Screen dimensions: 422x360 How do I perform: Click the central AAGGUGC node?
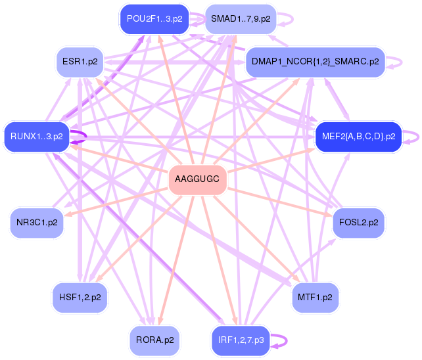198,179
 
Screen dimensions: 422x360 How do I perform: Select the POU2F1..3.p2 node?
154,19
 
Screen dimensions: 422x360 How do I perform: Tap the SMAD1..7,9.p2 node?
241,19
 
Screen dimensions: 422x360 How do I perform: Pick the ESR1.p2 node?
80,62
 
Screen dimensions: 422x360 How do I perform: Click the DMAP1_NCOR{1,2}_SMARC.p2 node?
315,62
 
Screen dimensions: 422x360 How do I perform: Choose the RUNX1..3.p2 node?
37,137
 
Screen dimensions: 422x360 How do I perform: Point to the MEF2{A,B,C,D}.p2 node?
358,137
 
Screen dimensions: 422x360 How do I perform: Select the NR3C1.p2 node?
37,223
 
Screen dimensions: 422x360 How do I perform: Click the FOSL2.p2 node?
358,223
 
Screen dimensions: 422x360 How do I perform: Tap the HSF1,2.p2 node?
80,298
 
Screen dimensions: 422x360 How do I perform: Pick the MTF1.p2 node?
315,298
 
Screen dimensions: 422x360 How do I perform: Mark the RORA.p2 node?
154,341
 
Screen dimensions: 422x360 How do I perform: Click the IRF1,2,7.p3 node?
241,341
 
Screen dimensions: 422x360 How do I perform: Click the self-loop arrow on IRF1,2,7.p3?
287,341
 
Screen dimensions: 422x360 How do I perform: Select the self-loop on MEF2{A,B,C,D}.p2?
419,137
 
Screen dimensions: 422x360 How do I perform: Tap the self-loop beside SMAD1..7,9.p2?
293,19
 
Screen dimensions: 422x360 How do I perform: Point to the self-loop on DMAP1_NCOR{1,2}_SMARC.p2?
402,62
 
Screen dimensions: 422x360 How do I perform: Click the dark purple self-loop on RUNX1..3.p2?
86,137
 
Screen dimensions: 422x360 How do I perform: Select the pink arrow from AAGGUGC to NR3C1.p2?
116,202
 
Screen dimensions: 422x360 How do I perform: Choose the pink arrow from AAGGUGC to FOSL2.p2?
280,202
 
